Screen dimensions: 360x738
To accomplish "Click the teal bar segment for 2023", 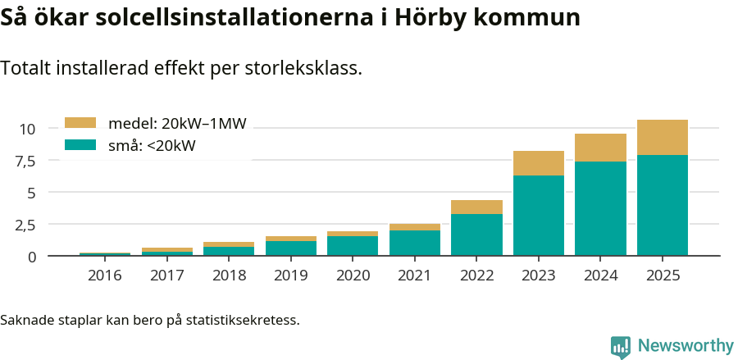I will [x=539, y=215].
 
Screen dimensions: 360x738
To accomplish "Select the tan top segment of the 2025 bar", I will [x=663, y=137].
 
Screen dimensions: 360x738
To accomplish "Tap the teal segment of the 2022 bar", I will [x=476, y=235].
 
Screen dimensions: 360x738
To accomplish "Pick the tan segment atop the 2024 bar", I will [x=600, y=148].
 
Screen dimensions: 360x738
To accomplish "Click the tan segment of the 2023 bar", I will [x=539, y=163].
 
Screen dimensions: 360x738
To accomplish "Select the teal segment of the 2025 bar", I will [x=663, y=205].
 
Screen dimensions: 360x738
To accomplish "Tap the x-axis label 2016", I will [x=105, y=276].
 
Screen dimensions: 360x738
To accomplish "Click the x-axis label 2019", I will [x=291, y=276].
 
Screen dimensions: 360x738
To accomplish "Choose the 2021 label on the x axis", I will [x=415, y=276].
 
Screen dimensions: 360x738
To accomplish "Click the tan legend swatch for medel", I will [x=80, y=123].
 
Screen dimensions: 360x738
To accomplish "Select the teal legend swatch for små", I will [x=80, y=145].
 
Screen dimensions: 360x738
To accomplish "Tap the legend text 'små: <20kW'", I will [x=152, y=146].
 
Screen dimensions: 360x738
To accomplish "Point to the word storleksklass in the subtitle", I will [x=303, y=68].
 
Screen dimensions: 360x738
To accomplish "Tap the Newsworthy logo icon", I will [x=621, y=346].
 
